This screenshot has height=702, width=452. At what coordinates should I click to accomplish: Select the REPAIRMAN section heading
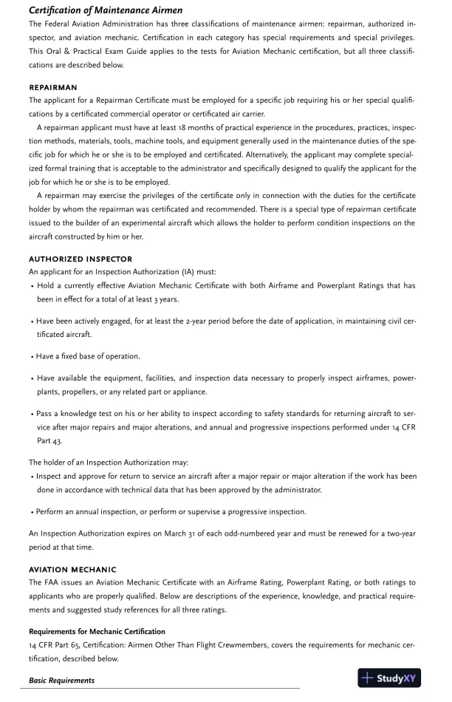click(52, 87)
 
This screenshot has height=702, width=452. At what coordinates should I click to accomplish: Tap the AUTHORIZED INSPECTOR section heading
click(81, 259)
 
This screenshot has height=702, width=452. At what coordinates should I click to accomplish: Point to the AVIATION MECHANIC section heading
click(72, 570)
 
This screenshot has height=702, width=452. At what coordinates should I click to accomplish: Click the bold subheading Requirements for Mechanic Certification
click(97, 632)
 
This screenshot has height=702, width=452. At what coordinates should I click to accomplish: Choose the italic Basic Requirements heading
click(61, 680)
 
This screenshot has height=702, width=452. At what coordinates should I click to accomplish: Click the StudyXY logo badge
click(389, 678)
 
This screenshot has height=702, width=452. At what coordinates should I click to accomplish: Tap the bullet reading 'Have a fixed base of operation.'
click(88, 356)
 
